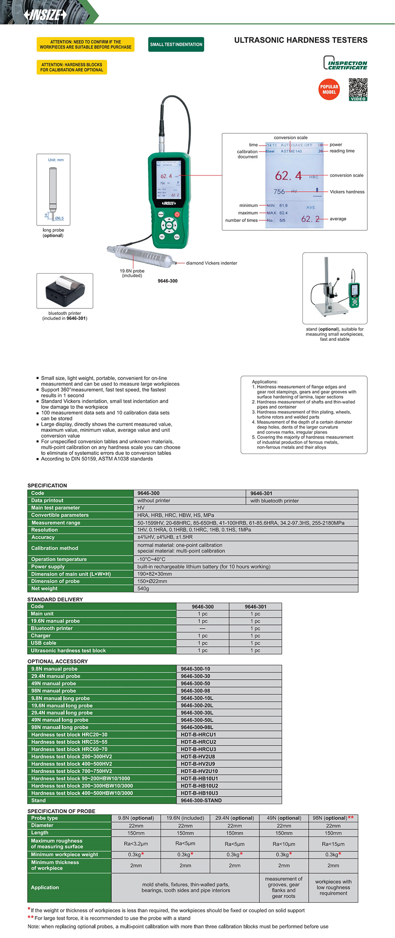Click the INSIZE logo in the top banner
point(45,14)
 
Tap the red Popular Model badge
point(329,89)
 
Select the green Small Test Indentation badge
point(176,44)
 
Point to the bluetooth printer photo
point(65,290)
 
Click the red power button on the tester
point(177,214)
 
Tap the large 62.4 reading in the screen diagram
point(288,176)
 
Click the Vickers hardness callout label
point(347,192)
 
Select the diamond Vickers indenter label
point(212,263)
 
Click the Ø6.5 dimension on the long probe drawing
point(59,218)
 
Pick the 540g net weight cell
point(143,588)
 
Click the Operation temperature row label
point(59,559)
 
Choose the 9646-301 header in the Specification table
point(262,493)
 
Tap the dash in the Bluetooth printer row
point(202,628)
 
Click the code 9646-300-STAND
point(201,800)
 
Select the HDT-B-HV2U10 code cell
point(199,771)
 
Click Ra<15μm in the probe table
point(333,844)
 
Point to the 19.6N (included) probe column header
point(185,818)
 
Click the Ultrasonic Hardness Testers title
point(301,40)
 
